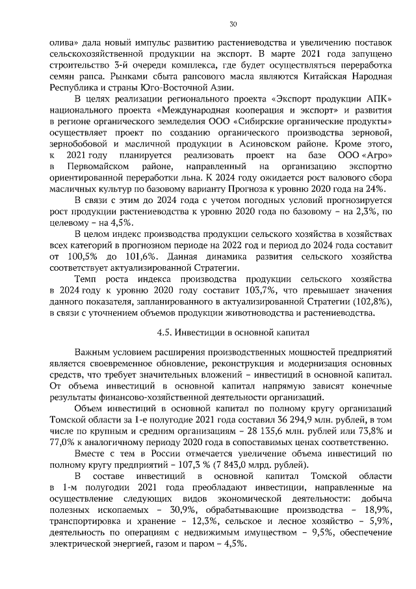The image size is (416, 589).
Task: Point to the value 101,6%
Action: point(133,256)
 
